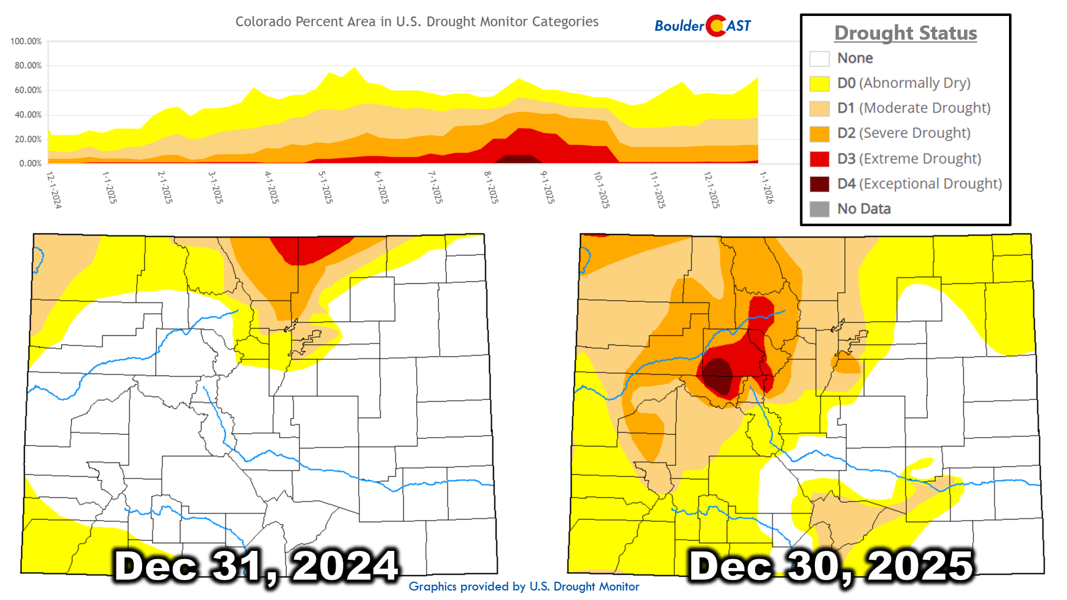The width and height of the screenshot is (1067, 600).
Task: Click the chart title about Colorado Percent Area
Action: tap(417, 22)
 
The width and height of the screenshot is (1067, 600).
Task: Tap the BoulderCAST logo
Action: tap(702, 25)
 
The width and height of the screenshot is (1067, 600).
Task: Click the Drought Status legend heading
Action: tap(905, 33)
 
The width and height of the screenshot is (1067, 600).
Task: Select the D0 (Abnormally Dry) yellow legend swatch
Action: tap(819, 83)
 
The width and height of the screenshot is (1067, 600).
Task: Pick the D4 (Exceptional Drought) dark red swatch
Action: tap(819, 184)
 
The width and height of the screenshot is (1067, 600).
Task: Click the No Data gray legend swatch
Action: tap(819, 209)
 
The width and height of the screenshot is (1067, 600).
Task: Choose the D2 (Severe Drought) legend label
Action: tap(904, 133)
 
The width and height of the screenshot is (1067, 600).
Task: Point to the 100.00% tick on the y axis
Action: tap(26, 41)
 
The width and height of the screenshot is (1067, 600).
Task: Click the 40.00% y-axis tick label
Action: tap(28, 115)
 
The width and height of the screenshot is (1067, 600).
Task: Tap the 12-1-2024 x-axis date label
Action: tap(54, 189)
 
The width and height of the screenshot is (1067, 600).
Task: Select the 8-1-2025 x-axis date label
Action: tap(491, 187)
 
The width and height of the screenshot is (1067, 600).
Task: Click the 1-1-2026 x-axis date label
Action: tap(766, 187)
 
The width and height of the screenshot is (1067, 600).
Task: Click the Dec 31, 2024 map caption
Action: tap(256, 566)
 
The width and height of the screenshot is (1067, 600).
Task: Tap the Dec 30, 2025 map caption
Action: tap(831, 566)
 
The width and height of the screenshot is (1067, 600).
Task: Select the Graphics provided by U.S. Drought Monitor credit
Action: tap(524, 586)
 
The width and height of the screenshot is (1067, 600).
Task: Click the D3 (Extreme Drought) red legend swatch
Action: tap(819, 159)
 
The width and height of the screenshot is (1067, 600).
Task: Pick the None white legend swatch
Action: tap(819, 59)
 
